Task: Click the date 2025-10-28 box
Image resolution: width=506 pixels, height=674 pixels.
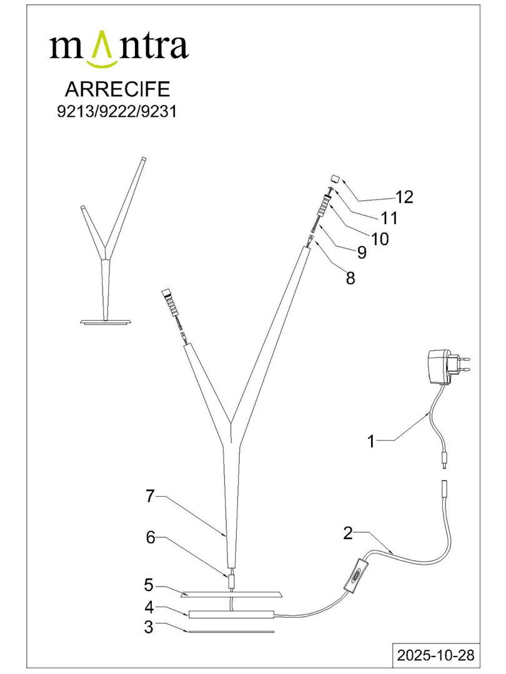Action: pos(435,655)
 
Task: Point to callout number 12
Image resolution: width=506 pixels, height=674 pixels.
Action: pos(404,197)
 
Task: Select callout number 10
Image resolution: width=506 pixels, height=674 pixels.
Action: pos(379,238)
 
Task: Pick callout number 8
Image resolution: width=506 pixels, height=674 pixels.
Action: pos(350,278)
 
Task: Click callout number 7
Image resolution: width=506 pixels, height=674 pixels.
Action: pos(149,497)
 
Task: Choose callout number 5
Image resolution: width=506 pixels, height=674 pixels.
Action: pos(148,585)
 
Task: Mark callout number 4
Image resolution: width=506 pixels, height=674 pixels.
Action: pos(149,606)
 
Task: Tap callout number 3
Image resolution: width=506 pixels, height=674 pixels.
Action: pos(148,628)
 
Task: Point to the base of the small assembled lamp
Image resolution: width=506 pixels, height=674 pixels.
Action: pos(106,321)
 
